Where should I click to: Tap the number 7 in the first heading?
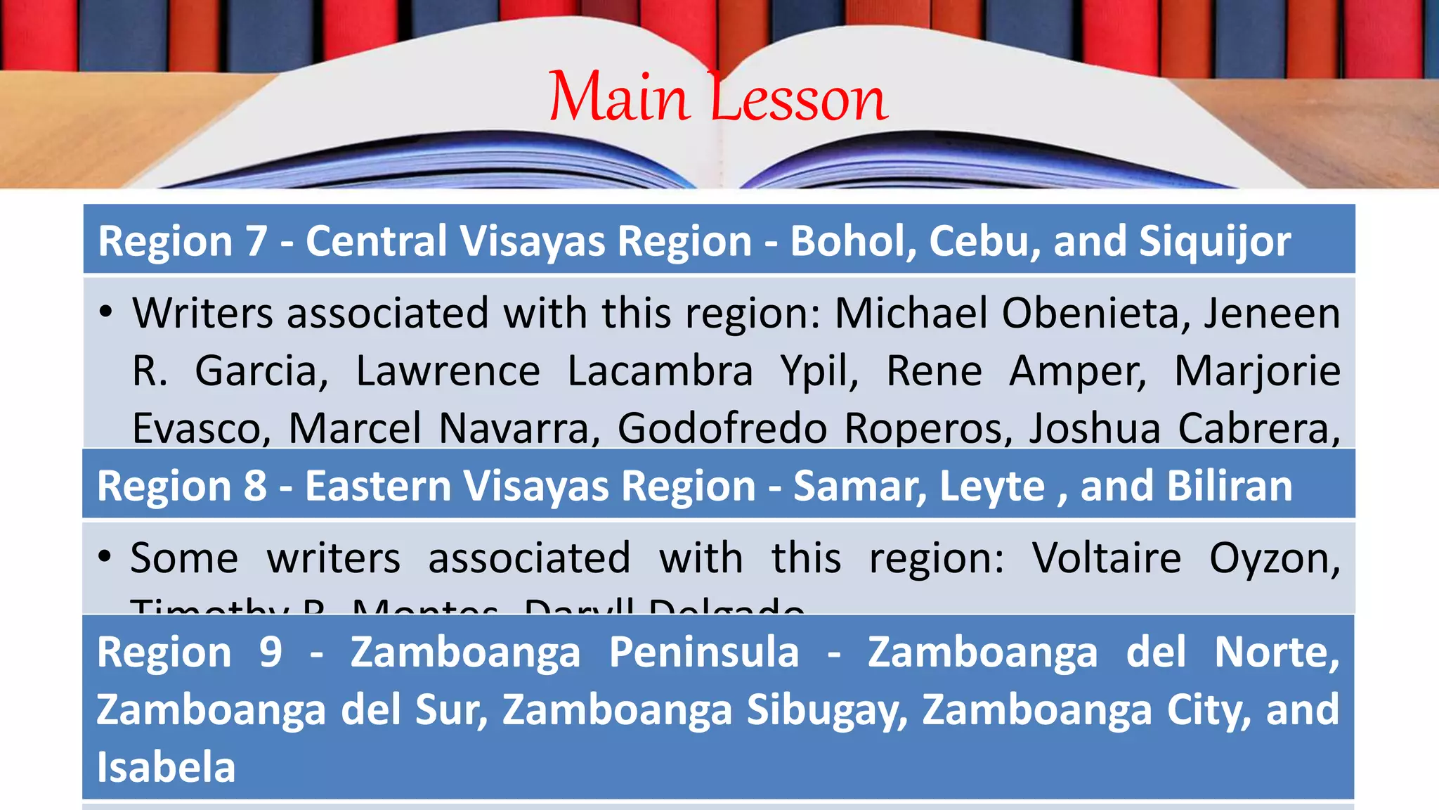point(256,241)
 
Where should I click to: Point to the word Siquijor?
point(1215,241)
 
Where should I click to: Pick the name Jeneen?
point(1272,313)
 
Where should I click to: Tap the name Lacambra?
point(660,371)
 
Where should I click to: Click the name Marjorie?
point(1257,371)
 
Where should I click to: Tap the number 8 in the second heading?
point(256,486)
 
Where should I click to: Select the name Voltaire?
point(1107,558)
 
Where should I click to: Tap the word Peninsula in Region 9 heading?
point(704,652)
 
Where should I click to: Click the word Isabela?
point(166,766)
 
